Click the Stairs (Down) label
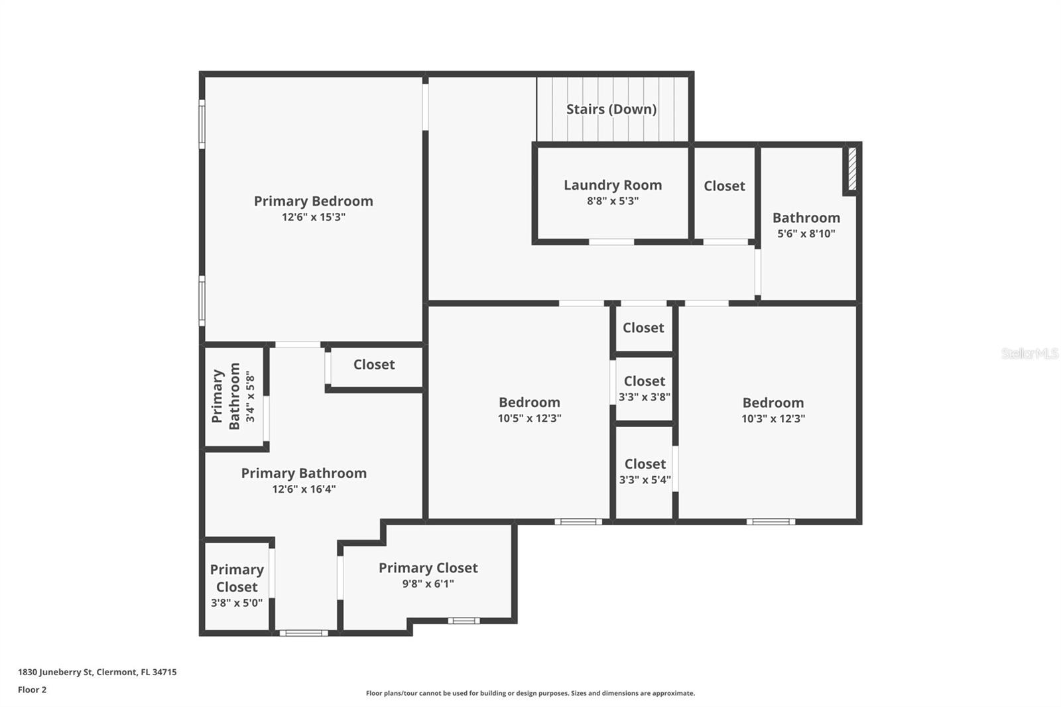click(x=611, y=109)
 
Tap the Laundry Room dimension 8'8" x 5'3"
click(x=612, y=201)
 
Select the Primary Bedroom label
click(x=313, y=201)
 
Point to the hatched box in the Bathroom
click(x=852, y=170)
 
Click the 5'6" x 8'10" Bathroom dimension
click(x=806, y=233)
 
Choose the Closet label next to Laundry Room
click(x=724, y=186)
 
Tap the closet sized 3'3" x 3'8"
click(x=644, y=389)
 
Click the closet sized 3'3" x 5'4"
click(x=645, y=472)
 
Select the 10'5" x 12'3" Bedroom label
click(x=529, y=403)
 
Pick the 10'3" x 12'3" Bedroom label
click(x=773, y=403)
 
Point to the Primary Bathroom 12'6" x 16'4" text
click(x=304, y=480)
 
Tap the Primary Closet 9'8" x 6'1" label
click(x=428, y=575)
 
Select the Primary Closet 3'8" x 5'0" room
click(x=237, y=586)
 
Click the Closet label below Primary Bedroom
click(x=374, y=365)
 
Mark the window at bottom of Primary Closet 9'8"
click(x=463, y=621)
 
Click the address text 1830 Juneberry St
click(x=97, y=672)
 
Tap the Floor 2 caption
click(x=32, y=690)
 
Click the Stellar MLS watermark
click(x=1029, y=353)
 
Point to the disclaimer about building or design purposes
click(x=530, y=693)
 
